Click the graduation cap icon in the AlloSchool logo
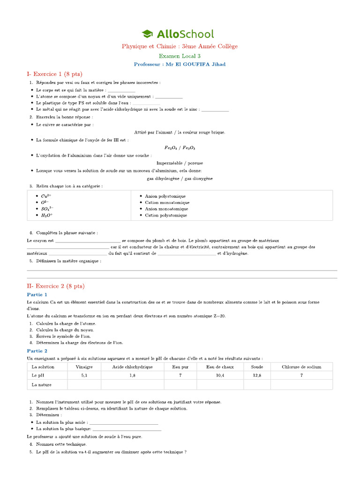147,34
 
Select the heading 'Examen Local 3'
180,56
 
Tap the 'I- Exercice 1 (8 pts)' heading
51,74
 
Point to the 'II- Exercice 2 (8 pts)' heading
56,286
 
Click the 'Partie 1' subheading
37,295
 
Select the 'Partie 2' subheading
37,351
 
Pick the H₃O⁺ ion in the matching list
47,215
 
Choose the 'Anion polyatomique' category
165,196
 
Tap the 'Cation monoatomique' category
167,202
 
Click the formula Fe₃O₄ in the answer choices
171,147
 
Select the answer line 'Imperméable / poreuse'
180,163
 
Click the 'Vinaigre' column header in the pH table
84,367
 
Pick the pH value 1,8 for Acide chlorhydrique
132,375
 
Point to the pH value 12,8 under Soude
257,375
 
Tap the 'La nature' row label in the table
41,385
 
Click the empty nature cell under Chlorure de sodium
301,385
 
